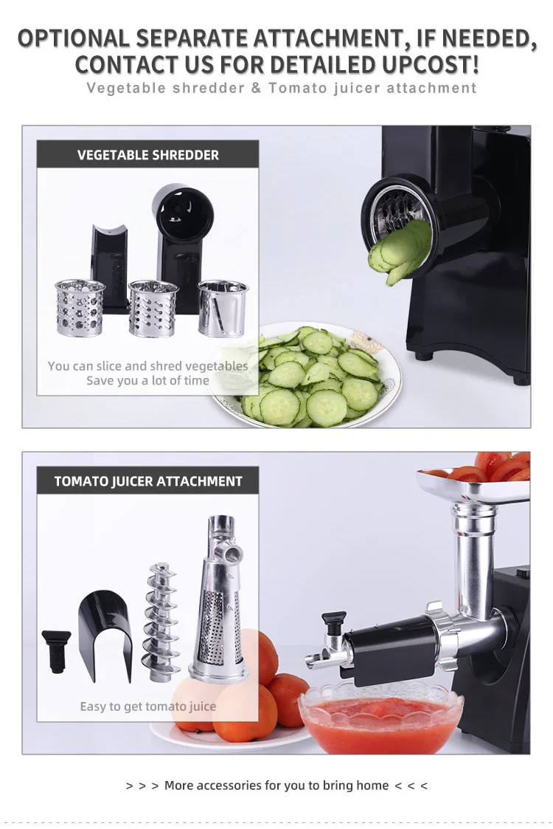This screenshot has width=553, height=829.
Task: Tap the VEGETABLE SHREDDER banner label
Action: (x=148, y=155)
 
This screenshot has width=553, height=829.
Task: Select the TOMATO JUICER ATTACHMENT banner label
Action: (x=148, y=481)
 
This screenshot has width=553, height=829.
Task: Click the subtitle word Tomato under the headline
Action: (x=295, y=88)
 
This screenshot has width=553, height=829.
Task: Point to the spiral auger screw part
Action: (x=161, y=621)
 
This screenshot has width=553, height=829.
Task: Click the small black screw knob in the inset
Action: (x=56, y=650)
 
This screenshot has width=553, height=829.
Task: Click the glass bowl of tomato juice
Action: (x=380, y=716)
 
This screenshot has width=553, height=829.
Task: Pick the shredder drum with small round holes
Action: (x=80, y=308)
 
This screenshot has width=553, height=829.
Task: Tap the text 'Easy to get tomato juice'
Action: (x=147, y=706)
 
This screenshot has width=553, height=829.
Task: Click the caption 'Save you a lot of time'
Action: (x=147, y=381)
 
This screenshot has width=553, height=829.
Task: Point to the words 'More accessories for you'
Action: (x=236, y=785)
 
